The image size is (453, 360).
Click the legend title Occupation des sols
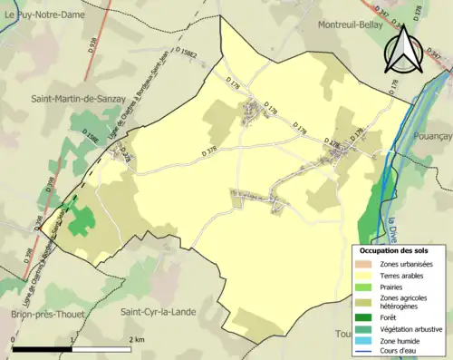point(394,250)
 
